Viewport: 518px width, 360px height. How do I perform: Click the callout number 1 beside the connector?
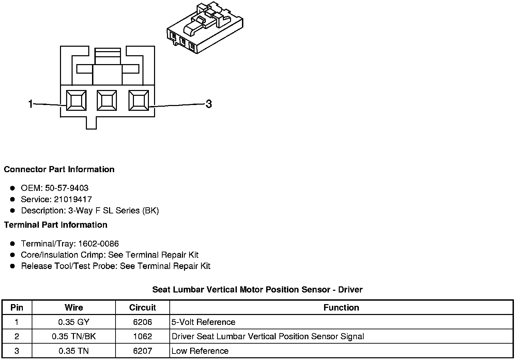(31, 104)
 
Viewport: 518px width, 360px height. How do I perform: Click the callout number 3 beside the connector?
(209, 104)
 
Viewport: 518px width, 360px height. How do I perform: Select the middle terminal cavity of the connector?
(107, 101)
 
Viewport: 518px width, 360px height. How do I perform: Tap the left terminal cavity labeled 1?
(76, 101)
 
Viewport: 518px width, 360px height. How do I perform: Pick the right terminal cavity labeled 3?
(138, 101)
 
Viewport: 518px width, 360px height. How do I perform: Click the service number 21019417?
(73, 199)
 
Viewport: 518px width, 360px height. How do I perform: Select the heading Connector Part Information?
(59, 169)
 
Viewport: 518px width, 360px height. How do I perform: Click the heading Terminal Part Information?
(56, 225)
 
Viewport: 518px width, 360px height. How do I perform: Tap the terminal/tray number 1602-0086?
(98, 243)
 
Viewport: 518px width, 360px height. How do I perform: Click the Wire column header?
(74, 307)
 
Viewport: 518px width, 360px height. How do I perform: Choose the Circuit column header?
(142, 307)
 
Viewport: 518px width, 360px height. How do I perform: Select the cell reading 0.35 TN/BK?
(74, 336)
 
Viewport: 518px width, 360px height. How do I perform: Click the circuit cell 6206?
(142, 322)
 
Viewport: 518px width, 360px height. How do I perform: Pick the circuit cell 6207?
(142, 351)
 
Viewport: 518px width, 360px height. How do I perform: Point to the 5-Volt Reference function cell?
(203, 322)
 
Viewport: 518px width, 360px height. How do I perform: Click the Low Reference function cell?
(200, 351)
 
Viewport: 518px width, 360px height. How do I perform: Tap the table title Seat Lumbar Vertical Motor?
(257, 289)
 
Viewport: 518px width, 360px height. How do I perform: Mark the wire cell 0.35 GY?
(74, 322)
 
